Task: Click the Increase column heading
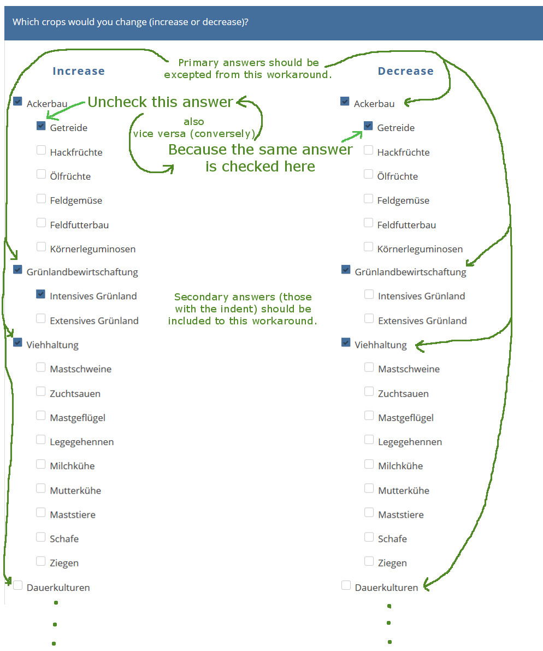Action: coord(79,71)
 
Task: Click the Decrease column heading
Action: coord(405,71)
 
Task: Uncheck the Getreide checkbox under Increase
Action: coord(41,126)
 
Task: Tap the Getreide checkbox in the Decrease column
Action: coord(368,126)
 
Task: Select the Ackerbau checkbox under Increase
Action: coord(18,102)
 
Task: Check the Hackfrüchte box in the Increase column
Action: coord(41,150)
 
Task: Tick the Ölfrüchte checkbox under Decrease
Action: coord(368,175)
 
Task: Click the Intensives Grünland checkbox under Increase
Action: coord(41,294)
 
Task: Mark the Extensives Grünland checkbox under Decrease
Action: coord(369,319)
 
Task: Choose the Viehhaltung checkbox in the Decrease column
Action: coord(345,343)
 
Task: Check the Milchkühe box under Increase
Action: coord(41,464)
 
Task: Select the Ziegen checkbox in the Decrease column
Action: coord(369,561)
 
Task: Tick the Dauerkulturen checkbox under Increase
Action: coord(18,586)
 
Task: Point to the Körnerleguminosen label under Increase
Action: coord(92,249)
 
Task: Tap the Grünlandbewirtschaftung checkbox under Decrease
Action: coord(345,270)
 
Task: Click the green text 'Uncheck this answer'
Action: coord(160,102)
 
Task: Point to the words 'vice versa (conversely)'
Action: coord(194,133)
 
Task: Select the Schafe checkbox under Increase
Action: coord(41,537)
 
